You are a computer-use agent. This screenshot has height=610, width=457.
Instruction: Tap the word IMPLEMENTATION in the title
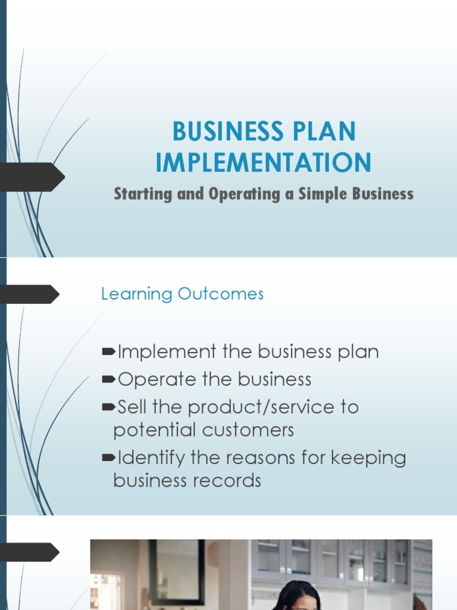point(264,163)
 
